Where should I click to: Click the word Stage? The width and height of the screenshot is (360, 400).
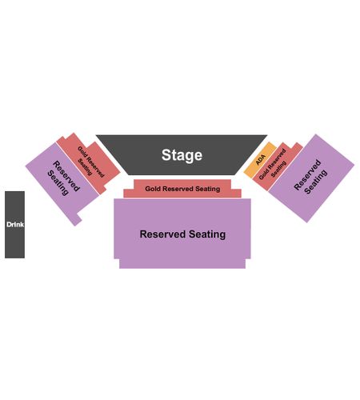click(x=182, y=155)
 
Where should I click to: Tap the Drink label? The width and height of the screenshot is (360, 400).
click(x=15, y=225)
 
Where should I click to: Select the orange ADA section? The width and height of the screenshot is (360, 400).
click(x=260, y=160)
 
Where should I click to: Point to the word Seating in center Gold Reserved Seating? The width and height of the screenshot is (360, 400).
click(x=208, y=189)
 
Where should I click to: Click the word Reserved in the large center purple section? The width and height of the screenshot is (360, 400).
click(x=162, y=234)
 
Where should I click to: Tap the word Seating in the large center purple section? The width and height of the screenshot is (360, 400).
click(x=207, y=234)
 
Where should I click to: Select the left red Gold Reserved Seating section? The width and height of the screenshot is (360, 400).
click(x=89, y=163)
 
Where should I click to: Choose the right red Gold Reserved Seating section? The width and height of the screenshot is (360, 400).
click(x=278, y=166)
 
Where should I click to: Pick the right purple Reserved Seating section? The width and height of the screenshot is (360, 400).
click(x=311, y=178)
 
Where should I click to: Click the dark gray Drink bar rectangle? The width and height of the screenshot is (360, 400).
click(x=14, y=225)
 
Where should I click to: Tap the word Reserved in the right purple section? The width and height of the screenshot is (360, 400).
click(x=307, y=174)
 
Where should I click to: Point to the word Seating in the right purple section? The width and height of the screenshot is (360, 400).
click(x=316, y=182)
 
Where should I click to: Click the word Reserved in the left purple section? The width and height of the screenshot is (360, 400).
click(x=66, y=176)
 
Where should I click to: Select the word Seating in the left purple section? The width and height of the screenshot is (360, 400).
click(x=58, y=183)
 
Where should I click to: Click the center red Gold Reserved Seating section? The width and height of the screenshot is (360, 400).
click(x=182, y=189)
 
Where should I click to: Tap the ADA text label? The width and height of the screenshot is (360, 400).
click(x=261, y=160)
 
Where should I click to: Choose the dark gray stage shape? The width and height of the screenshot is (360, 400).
click(x=182, y=154)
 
